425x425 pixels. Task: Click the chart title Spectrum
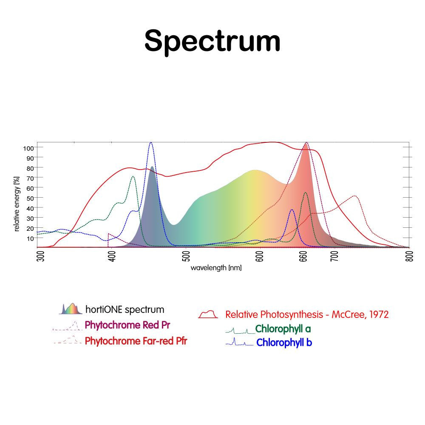pos(212,41)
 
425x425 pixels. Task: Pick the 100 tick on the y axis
pos(28,147)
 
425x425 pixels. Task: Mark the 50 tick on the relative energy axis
pos(30,198)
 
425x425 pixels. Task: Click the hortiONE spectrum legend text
pos(125,309)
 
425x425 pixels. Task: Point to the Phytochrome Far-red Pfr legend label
pos(136,341)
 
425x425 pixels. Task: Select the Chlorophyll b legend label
pos(284,343)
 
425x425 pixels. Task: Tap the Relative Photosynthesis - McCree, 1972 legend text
pos(307,315)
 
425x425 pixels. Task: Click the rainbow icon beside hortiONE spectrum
pos(70,309)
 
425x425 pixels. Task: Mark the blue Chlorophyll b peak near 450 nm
pos(151,143)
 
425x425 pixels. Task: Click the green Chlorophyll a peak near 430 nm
pos(133,176)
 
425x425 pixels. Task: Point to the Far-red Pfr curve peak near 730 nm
pos(355,196)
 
